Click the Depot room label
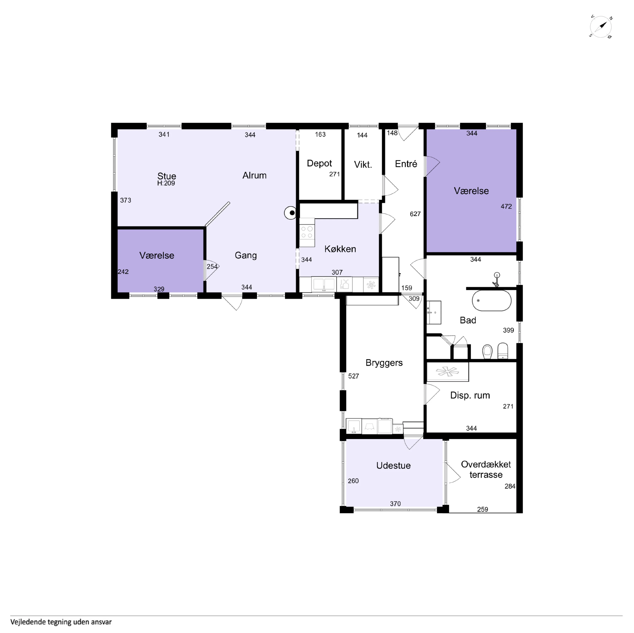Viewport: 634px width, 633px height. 319,163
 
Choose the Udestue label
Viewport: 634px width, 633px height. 393,465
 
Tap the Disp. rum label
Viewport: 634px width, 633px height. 470,395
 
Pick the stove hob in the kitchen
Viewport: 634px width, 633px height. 307,232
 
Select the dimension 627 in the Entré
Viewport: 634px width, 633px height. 415,214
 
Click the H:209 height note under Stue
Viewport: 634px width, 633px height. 166,183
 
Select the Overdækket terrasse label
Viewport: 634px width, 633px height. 486,469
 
